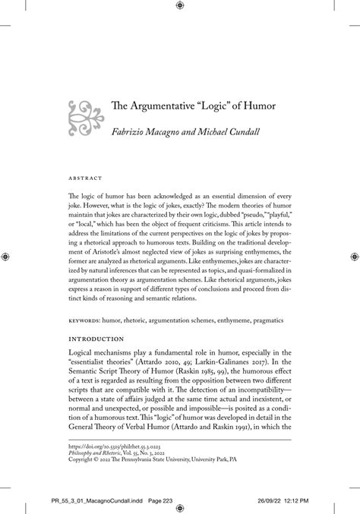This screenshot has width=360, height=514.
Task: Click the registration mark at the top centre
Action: (179, 6)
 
